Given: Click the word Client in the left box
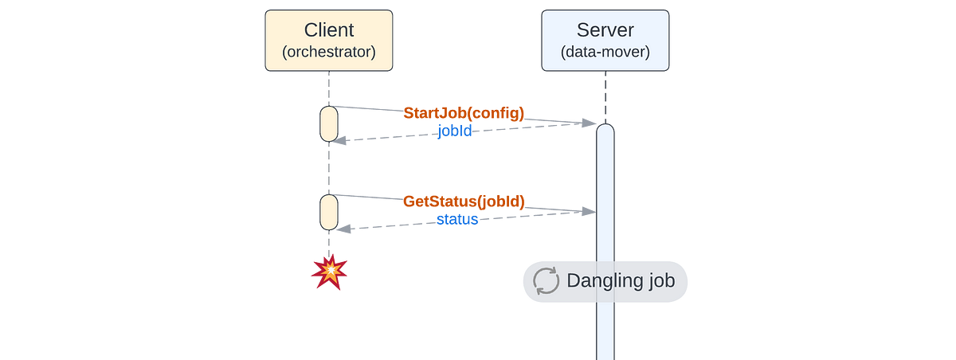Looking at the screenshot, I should click(329, 31).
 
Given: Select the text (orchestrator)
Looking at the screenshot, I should click(329, 53).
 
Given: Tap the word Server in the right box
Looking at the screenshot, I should click(605, 31).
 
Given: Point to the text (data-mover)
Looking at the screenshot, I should click(605, 53).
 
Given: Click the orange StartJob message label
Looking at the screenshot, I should click(464, 113).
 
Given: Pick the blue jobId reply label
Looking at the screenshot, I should click(455, 131).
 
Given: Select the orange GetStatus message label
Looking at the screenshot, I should click(464, 202).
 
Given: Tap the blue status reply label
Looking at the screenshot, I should click(457, 219).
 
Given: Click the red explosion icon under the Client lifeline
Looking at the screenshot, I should click(329, 272).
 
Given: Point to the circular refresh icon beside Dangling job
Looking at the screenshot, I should click(547, 281).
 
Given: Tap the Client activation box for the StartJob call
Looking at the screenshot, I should click(329, 123).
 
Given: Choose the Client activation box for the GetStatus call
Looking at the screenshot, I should click(329, 212).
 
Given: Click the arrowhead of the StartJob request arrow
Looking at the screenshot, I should click(591, 123).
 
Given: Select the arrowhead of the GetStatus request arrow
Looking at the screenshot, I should click(590, 211).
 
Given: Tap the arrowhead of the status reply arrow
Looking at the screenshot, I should click(338, 229).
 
